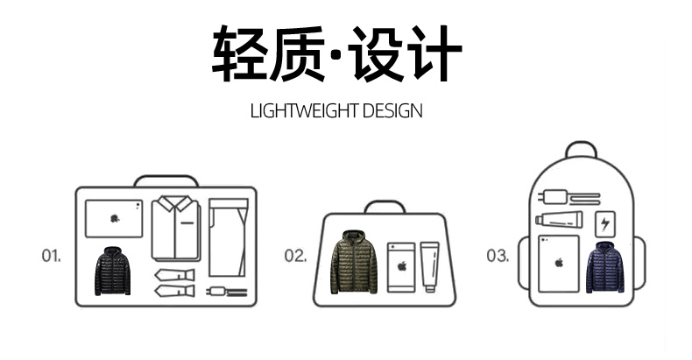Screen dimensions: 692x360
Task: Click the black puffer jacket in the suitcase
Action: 112,271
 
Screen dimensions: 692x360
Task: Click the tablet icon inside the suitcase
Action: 114,219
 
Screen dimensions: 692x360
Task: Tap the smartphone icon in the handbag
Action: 402,266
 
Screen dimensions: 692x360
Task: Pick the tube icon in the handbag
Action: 428,265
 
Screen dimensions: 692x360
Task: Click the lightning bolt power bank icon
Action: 605,222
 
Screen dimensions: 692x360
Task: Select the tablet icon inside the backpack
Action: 558,262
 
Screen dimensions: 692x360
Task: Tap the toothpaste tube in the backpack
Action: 561,221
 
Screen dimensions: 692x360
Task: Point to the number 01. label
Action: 52,256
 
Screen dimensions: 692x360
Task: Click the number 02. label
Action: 295,256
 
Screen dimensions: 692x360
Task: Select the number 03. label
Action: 498,256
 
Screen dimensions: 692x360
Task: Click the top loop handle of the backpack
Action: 580,150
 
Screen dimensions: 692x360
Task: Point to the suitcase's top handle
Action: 166,180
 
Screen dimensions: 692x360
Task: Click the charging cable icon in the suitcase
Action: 225,290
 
